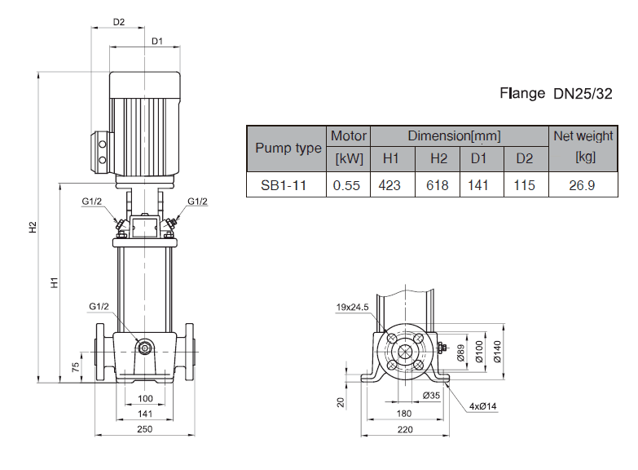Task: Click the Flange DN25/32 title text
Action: pyautogui.click(x=555, y=93)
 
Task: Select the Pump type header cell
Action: pyautogui.click(x=288, y=149)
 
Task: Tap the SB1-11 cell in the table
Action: pyautogui.click(x=284, y=185)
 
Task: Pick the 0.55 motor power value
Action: pyautogui.click(x=347, y=185)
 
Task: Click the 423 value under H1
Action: pyautogui.click(x=390, y=185)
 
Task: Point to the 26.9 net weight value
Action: pyautogui.click(x=582, y=185)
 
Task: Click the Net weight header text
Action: pyautogui.click(x=583, y=136)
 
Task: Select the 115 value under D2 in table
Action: pyautogui.click(x=525, y=185)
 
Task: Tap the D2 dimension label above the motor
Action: pyautogui.click(x=119, y=22)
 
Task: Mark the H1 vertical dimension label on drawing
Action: pyautogui.click(x=54, y=282)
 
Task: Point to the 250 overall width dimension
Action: pyautogui.click(x=145, y=429)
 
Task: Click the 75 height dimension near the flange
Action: pyautogui.click(x=75, y=366)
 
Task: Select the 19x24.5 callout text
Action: pyautogui.click(x=353, y=308)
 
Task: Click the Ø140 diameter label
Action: pyautogui.click(x=497, y=350)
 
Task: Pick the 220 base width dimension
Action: pyautogui.click(x=405, y=429)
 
